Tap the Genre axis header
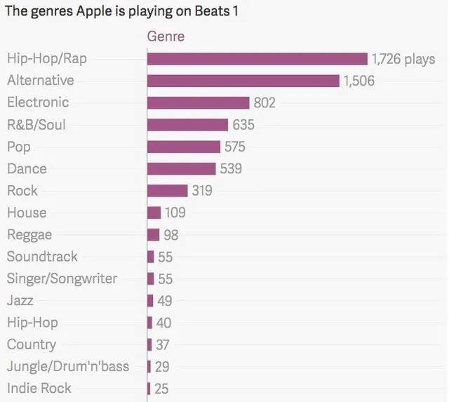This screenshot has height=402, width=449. point(165,36)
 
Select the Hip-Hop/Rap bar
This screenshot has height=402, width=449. point(257,59)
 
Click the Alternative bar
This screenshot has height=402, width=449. point(243,81)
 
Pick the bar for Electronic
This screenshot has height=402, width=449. point(198,102)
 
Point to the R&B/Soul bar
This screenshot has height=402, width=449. point(187,125)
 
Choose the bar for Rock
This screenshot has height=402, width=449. point(167,191)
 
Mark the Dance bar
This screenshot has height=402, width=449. point(181,168)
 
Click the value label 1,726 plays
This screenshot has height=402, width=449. point(403,59)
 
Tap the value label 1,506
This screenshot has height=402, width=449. point(358,81)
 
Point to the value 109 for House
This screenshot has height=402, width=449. point(175,213)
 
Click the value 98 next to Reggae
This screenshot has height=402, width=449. point(170,234)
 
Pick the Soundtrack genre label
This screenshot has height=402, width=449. point(42,257)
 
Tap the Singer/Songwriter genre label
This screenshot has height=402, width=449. point(62,279)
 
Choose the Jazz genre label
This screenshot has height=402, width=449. point(20,300)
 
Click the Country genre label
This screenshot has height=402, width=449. point(31,344)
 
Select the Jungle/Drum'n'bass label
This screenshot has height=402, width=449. point(67,366)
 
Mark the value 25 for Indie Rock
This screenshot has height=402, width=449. point(161,388)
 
